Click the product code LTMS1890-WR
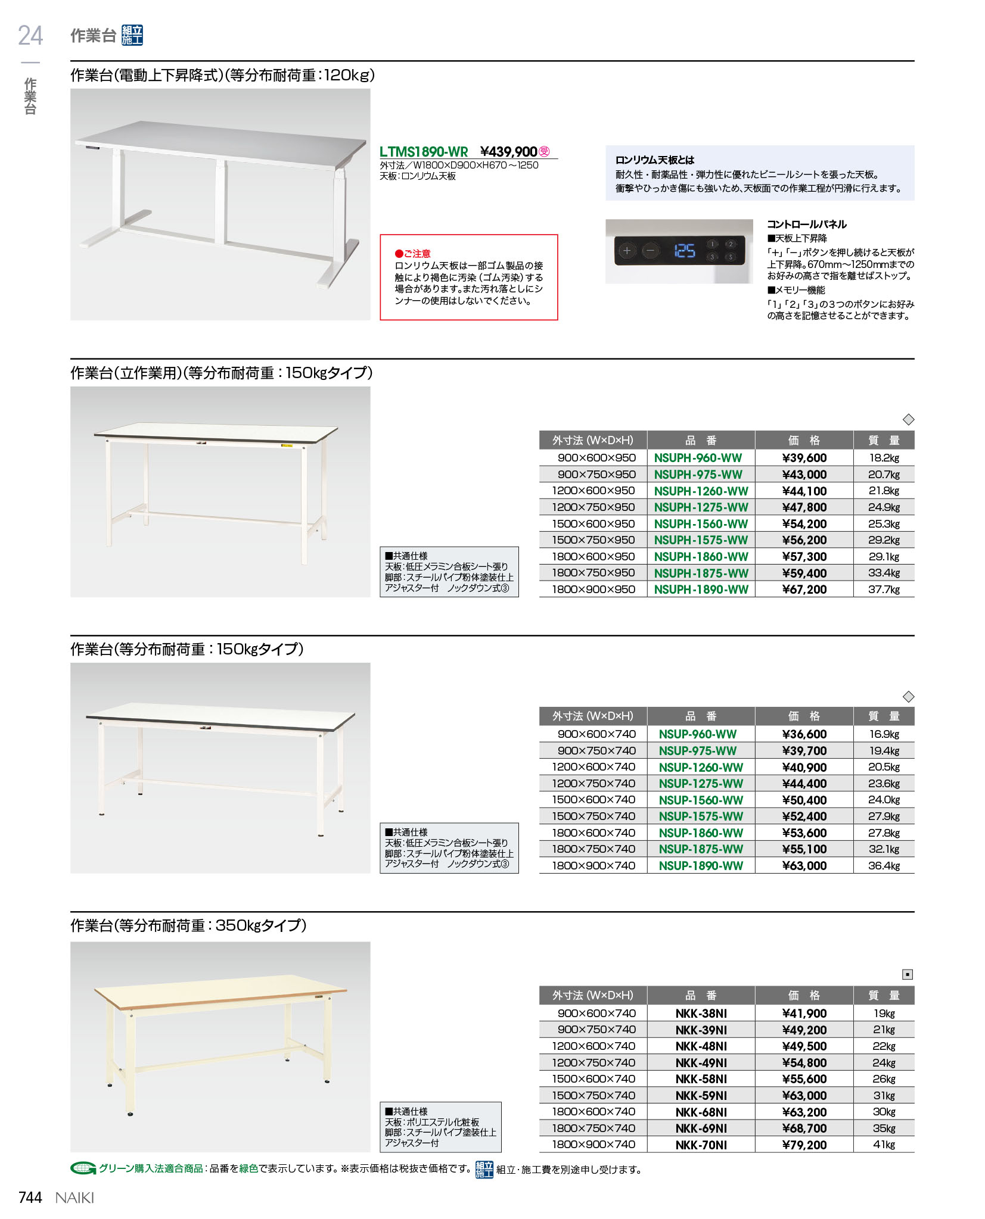(424, 152)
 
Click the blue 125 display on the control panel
(684, 251)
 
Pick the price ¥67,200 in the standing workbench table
(804, 590)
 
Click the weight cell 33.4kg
(883, 573)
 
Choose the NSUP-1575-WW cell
(701, 816)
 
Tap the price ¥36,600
(804, 734)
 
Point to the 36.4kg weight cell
(883, 866)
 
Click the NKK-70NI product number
(701, 1145)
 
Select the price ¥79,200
(804, 1145)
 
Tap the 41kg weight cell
(883, 1145)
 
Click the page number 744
(30, 1198)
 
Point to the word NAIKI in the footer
(74, 1198)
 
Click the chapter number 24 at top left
(30, 36)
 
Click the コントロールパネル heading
(806, 225)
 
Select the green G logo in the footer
(83, 1168)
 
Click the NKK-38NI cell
(701, 1014)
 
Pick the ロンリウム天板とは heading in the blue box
(654, 160)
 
